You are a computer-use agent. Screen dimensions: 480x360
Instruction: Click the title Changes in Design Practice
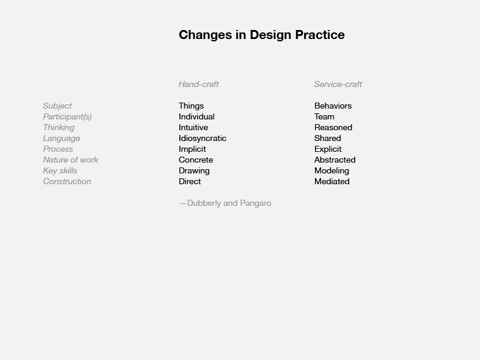pos(262,35)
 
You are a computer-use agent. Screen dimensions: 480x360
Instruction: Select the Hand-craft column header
pos(199,84)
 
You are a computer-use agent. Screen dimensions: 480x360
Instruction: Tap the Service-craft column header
pos(338,84)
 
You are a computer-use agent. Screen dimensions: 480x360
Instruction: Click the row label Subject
pos(57,106)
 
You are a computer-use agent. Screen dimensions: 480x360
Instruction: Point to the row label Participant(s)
pos(67,117)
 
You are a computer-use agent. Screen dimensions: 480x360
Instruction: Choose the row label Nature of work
pos(70,160)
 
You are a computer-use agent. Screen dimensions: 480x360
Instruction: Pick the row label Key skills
pos(60,171)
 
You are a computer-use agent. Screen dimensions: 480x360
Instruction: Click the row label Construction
pos(67,182)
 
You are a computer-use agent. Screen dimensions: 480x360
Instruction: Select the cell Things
pos(191,106)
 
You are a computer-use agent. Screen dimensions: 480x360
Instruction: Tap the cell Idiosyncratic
pos(203,139)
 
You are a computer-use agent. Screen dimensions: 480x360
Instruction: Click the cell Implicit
pos(192,149)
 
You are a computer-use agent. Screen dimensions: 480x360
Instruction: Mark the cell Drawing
pos(194,171)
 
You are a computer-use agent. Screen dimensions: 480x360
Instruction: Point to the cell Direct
pos(190,182)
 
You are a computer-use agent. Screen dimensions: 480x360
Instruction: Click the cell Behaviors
pos(333,106)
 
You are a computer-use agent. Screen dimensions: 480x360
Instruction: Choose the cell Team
pos(324,116)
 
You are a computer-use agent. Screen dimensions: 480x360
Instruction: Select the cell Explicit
pos(328,149)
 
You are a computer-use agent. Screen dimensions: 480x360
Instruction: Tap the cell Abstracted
pos(335,160)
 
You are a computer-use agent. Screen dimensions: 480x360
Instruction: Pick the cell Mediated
pos(332,182)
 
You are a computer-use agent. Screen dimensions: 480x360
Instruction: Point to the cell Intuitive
pos(193,127)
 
